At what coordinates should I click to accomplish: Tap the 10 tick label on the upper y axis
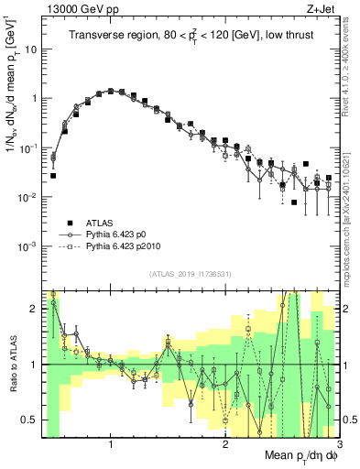pos(32,49)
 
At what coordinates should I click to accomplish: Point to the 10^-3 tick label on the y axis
pos(29,246)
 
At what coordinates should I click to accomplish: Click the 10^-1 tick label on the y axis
pos(29,147)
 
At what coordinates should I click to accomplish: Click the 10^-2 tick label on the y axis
pos(29,197)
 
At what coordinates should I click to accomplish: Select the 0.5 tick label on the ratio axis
pos(29,420)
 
